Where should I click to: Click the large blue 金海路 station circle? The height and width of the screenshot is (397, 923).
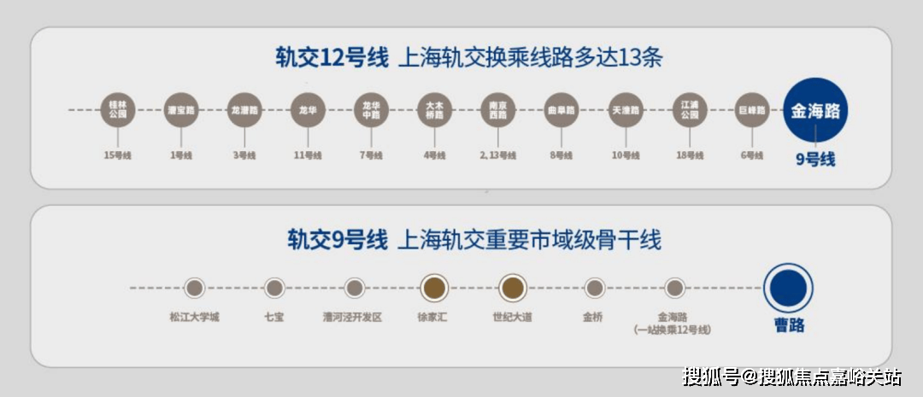815,111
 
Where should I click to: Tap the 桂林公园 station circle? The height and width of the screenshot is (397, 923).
117,111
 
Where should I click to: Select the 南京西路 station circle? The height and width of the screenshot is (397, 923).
497,111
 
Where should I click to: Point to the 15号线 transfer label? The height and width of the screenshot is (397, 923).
117,155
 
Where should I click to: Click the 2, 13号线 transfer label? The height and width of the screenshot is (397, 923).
497,155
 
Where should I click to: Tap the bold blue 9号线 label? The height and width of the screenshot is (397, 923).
815,159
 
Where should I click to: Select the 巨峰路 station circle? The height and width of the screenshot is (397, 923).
751,111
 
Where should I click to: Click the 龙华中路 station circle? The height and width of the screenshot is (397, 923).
371,111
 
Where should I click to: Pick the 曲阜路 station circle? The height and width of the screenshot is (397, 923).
561,111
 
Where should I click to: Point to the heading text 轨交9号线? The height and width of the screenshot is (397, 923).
337,240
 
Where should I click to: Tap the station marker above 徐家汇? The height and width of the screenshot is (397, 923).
434,288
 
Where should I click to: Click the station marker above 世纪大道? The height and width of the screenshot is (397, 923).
513,288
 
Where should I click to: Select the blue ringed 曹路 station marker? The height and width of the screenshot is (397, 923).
788,288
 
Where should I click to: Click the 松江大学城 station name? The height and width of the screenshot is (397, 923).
194,318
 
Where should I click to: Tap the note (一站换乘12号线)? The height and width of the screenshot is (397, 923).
673,330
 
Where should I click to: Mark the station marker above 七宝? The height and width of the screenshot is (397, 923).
273,288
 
